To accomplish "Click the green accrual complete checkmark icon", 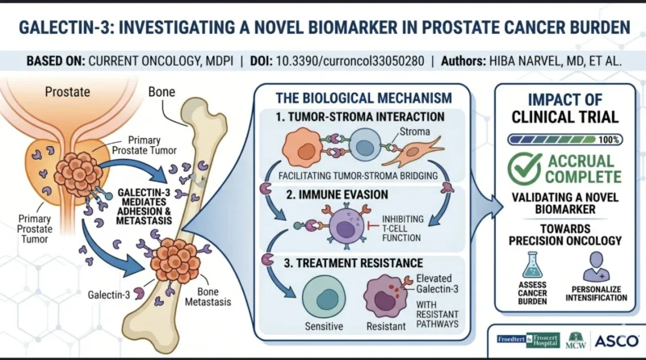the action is point(524,169).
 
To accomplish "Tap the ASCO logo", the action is point(616,341).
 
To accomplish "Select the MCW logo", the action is point(576,341).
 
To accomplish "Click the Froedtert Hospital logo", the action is point(528,340).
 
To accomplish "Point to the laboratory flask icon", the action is point(532,266).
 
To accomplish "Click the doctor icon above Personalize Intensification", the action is point(596,266).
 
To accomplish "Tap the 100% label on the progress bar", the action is point(609,140).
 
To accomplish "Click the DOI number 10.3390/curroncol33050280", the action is point(350,61).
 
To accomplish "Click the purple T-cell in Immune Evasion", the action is point(347,227).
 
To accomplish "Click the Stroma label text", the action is point(414,132).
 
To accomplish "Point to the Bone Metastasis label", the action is point(208,297).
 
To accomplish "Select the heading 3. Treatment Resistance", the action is point(353,263).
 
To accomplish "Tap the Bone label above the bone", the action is point(161,92).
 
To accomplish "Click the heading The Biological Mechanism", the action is point(364,98).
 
